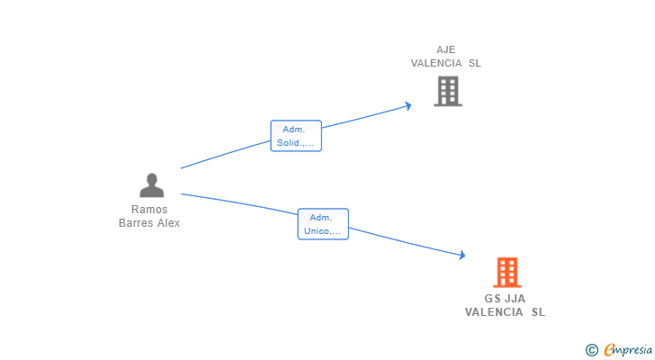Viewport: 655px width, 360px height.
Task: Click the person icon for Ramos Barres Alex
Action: (x=152, y=185)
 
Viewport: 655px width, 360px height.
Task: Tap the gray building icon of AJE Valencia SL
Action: (x=448, y=91)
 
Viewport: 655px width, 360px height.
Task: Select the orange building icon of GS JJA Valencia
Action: (x=507, y=273)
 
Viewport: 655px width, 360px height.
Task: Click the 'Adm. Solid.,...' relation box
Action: (x=296, y=136)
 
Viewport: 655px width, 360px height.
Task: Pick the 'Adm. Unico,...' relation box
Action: (x=323, y=224)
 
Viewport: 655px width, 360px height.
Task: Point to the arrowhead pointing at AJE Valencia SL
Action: (x=408, y=106)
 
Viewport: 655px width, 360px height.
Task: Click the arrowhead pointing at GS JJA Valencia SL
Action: (x=462, y=255)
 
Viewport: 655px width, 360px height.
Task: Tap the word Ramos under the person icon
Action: (x=149, y=209)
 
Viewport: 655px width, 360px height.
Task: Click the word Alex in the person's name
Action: (x=169, y=223)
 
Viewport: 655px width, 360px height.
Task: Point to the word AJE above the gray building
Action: (x=445, y=49)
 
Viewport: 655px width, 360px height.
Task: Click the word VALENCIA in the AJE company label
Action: (x=436, y=63)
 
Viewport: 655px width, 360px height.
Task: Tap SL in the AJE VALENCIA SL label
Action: (x=474, y=63)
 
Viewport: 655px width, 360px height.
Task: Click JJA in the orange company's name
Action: (x=515, y=299)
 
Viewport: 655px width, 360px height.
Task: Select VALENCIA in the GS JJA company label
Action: (x=494, y=312)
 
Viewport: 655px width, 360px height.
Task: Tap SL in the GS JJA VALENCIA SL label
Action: (x=538, y=312)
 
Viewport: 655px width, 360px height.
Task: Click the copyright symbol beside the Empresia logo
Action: (x=591, y=350)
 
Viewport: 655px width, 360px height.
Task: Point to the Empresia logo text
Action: (x=628, y=349)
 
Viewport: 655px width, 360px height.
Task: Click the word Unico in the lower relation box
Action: (x=316, y=231)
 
